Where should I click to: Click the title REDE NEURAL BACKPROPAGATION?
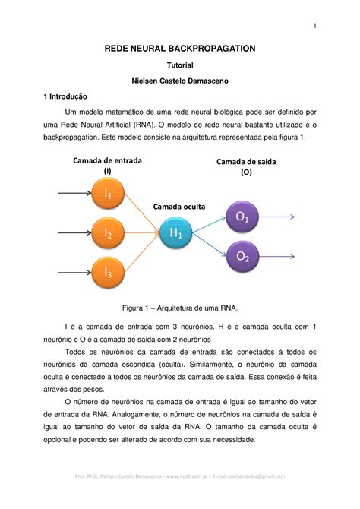pyautogui.click(x=180, y=49)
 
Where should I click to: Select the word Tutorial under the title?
pyautogui.click(x=180, y=66)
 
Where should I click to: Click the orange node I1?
pyautogui.click(x=108, y=194)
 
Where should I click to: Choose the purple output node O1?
pyautogui.click(x=242, y=217)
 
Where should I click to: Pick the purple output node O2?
pyautogui.click(x=242, y=257)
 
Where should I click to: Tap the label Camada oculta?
pyautogui.click(x=179, y=206)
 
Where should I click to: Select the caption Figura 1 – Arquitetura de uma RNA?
pyautogui.click(x=180, y=308)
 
